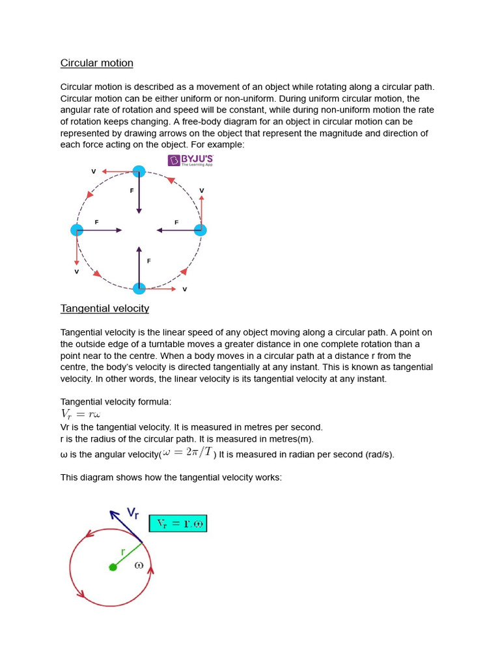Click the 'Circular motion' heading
pyautogui.click(x=97, y=63)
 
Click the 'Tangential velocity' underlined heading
pyautogui.click(x=105, y=309)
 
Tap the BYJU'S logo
pyautogui.click(x=190, y=160)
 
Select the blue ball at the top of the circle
pyautogui.click(x=139, y=171)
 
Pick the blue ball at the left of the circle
pyautogui.click(x=77, y=230)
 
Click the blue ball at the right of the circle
pyautogui.click(x=201, y=230)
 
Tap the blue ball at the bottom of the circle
pyautogui.click(x=139, y=289)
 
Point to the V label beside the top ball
pyautogui.click(x=94, y=171)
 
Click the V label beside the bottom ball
pyautogui.click(x=184, y=289)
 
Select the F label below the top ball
pyautogui.click(x=132, y=191)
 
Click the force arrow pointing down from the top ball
pyautogui.click(x=139, y=195)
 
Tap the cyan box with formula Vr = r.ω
pyautogui.click(x=178, y=524)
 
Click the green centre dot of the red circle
pyautogui.click(x=113, y=567)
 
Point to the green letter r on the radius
pyautogui.click(x=122, y=552)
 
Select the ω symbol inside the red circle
pyautogui.click(x=139, y=565)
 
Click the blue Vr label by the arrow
pyautogui.click(x=133, y=513)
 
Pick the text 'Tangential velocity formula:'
pyautogui.click(x=116, y=402)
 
